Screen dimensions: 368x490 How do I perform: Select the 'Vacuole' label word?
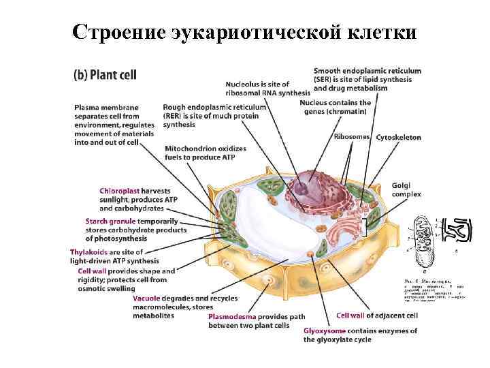pos(147,298)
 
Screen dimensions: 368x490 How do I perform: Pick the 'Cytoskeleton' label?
pos(398,137)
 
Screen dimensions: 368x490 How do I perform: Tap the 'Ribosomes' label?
pos(352,136)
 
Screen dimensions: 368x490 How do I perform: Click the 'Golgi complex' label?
pos(406,189)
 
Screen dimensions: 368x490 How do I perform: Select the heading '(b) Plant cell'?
pos(105,74)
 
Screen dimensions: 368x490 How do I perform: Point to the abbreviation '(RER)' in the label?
pos(175,116)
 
